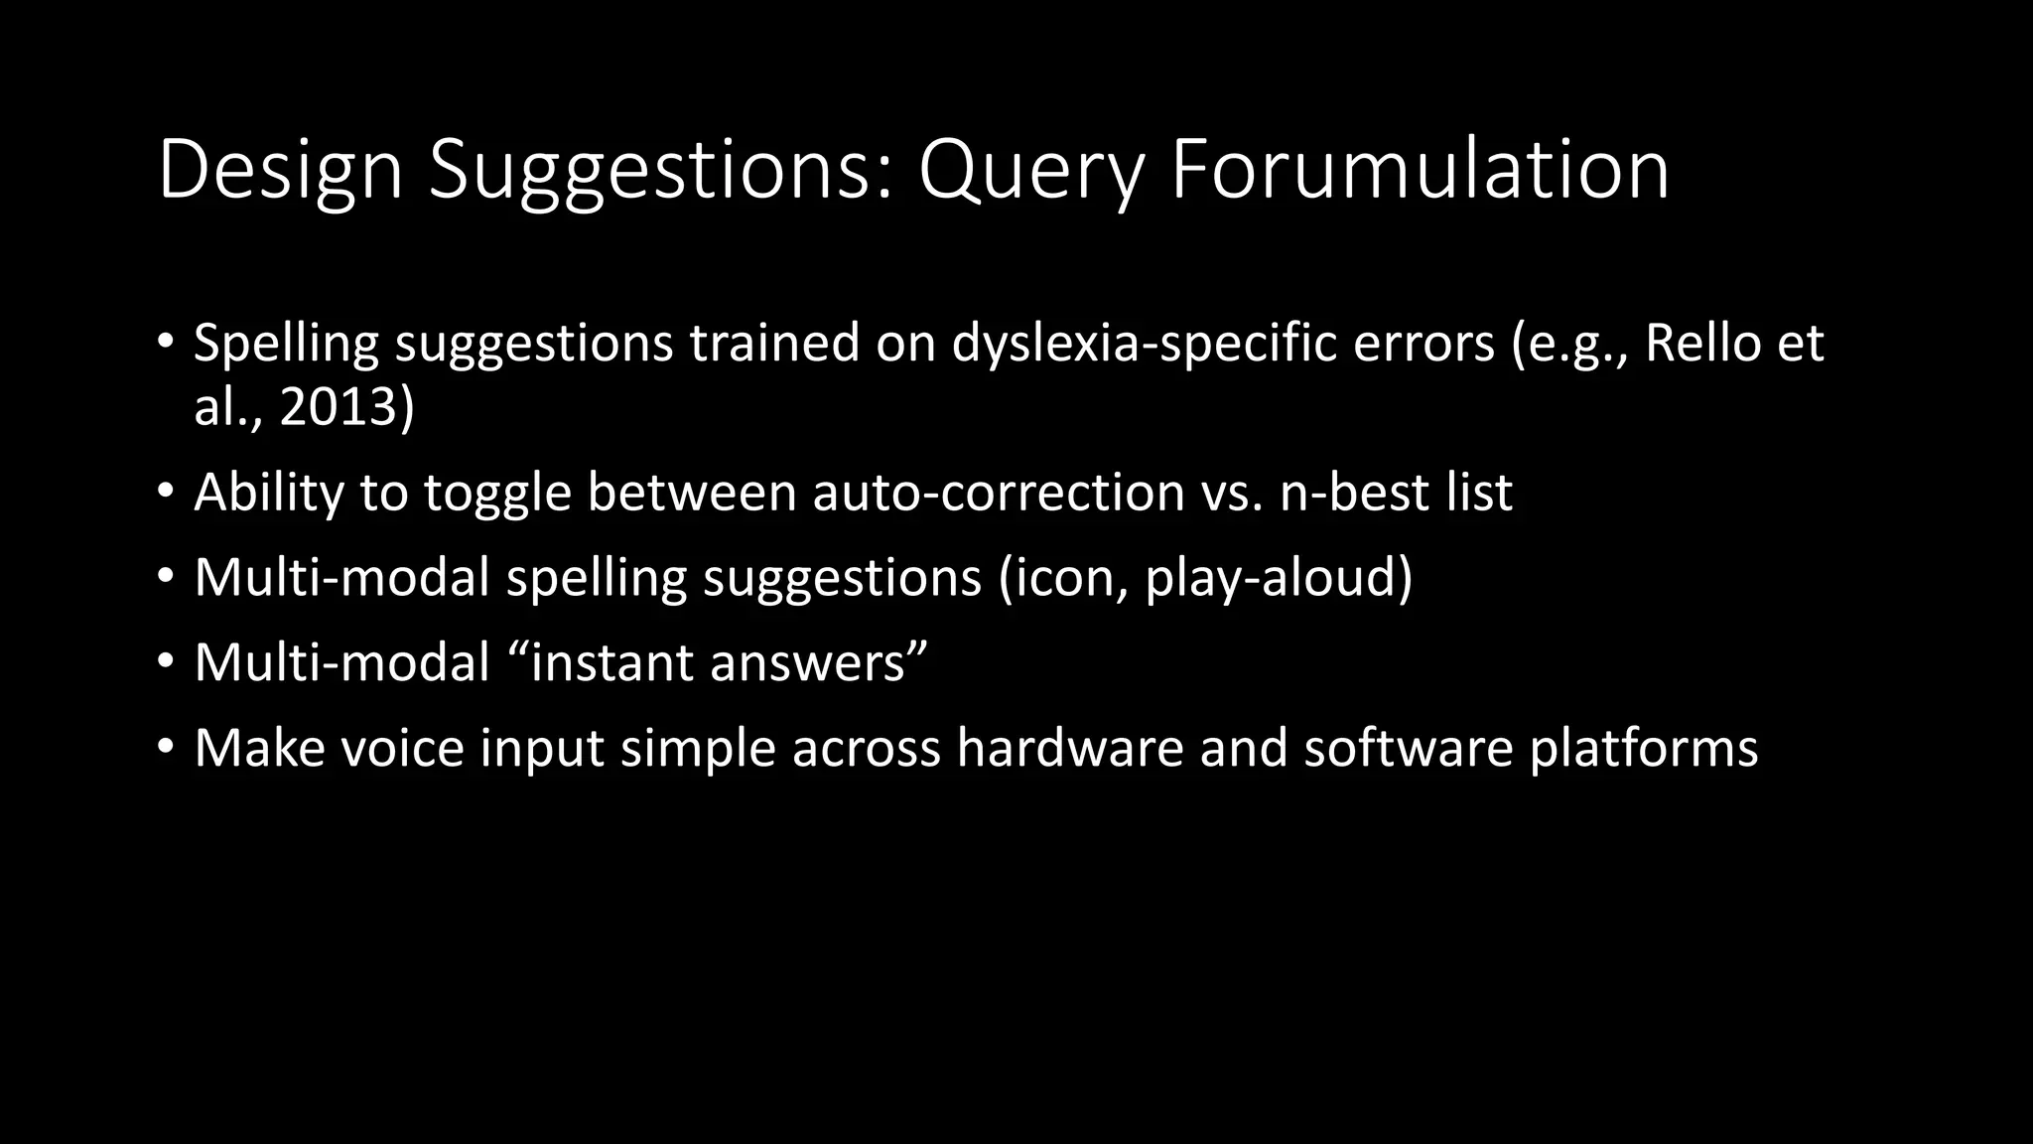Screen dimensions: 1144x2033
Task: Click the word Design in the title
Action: tap(280, 171)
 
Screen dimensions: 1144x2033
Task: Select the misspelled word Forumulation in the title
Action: tap(1420, 171)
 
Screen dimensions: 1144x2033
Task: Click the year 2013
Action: tap(338, 407)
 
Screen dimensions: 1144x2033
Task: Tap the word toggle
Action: tap(497, 493)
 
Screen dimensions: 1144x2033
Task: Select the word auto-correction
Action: tap(999, 493)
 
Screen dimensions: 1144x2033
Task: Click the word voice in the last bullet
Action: tap(402, 749)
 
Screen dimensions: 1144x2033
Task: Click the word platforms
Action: tap(1644, 749)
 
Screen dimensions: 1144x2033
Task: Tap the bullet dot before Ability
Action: tap(165, 491)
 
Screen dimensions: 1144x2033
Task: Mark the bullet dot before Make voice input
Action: tap(165, 747)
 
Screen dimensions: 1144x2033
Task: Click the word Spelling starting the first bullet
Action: tap(287, 344)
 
